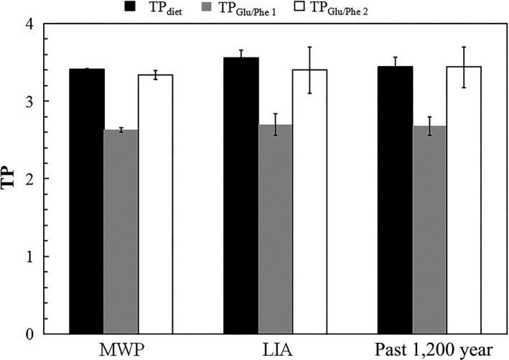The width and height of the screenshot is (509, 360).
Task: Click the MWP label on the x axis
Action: pyautogui.click(x=121, y=350)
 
